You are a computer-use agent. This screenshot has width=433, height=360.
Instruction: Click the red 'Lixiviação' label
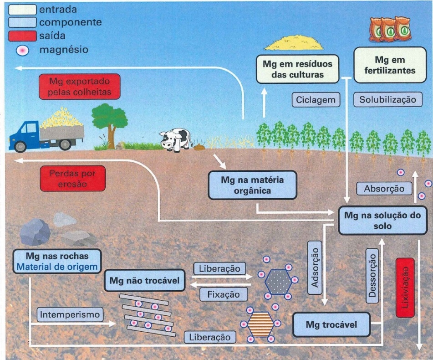[405, 288]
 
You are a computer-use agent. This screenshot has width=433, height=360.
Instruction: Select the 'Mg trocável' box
[331, 324]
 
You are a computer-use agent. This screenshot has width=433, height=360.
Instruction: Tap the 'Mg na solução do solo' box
[382, 221]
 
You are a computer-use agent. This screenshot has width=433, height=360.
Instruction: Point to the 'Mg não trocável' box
[144, 280]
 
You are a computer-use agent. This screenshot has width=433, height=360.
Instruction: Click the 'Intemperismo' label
[70, 314]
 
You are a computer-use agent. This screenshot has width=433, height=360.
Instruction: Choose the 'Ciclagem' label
[316, 100]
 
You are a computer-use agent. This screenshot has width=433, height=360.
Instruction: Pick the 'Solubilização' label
[388, 99]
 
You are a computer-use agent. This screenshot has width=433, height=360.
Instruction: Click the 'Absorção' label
[384, 189]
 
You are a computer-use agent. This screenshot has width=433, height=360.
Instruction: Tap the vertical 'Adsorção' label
[315, 267]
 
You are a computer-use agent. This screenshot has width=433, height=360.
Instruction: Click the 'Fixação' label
[224, 294]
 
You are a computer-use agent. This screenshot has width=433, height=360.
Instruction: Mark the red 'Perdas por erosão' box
[73, 179]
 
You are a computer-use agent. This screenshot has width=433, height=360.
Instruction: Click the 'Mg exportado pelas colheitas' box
[80, 87]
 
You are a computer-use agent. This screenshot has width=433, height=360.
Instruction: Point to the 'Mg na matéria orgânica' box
[252, 185]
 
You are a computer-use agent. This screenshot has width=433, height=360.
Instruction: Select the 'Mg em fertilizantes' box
[390, 65]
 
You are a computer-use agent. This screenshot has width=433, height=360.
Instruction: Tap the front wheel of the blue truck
[20, 146]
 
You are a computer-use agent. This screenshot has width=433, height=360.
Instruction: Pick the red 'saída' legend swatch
[22, 36]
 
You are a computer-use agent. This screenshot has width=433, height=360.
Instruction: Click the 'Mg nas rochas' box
[57, 262]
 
